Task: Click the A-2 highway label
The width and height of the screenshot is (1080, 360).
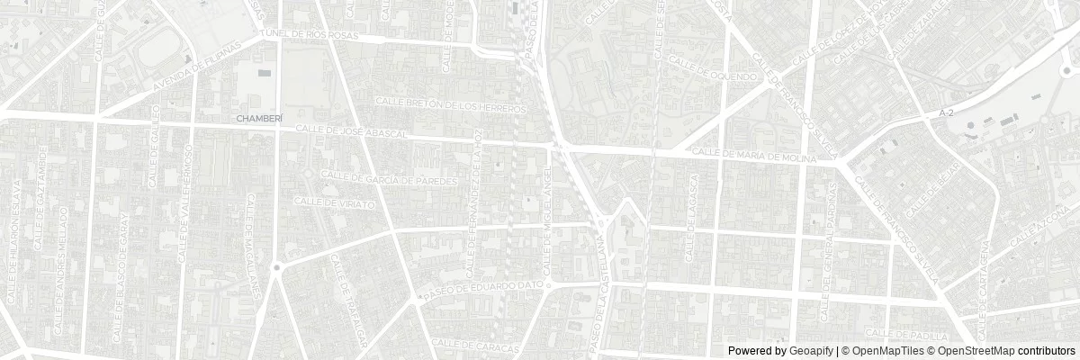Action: pyautogui.click(x=944, y=113)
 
